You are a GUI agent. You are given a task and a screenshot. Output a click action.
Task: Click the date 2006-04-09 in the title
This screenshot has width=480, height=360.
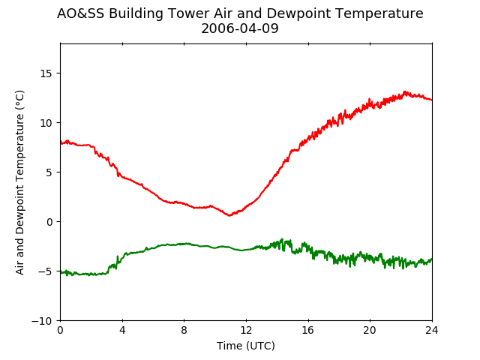point(240,28)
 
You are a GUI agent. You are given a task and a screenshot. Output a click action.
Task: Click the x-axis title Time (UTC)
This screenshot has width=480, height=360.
point(246,346)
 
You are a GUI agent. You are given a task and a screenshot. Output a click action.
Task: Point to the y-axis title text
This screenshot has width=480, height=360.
point(19,182)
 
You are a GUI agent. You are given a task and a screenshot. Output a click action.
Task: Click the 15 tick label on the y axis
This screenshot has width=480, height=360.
point(46,73)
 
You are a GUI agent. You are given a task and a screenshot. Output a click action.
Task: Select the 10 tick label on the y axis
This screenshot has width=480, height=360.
point(46,123)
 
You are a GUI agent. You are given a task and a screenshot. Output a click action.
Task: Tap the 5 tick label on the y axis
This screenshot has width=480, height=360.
point(49,172)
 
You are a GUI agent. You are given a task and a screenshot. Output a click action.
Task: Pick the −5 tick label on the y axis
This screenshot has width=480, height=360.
point(45,271)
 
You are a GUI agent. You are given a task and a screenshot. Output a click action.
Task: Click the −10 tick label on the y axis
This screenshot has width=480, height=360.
point(42,321)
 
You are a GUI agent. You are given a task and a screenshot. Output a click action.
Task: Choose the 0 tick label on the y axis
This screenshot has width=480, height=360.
point(49,222)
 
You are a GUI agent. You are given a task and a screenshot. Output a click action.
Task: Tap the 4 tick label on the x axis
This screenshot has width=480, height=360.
point(122,330)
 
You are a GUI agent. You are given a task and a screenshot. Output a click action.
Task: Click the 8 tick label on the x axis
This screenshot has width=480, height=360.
point(184,330)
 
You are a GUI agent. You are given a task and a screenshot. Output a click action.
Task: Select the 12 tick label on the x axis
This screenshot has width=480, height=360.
point(246,330)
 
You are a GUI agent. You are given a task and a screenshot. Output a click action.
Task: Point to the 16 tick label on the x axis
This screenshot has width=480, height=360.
point(308,330)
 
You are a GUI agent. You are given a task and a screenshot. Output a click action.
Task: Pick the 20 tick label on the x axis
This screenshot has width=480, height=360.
point(370,330)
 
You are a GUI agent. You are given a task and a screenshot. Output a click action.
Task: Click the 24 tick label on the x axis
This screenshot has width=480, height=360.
point(432,330)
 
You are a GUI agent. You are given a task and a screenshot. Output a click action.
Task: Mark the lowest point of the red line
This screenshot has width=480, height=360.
point(229,215)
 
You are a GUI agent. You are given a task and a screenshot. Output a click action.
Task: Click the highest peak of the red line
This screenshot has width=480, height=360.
point(405,91)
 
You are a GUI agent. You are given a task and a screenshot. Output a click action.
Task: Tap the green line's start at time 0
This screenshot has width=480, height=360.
point(61,272)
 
